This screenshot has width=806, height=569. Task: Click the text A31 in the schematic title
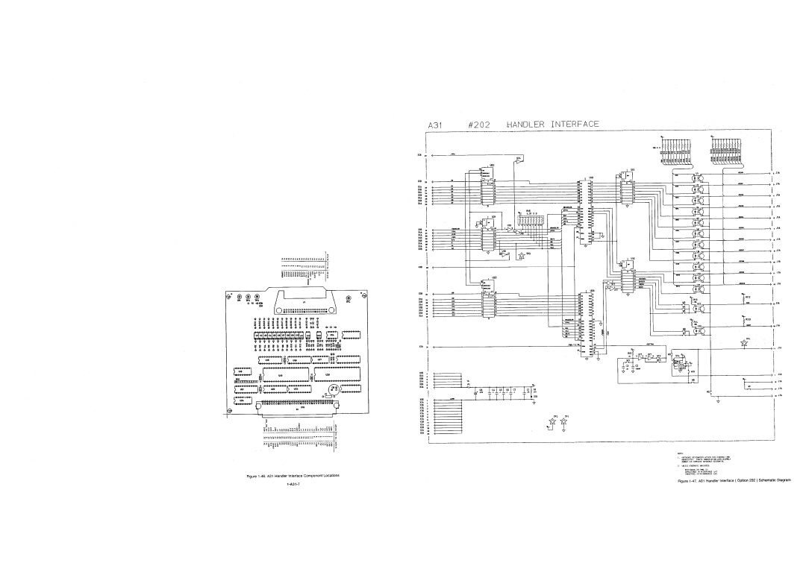click(437, 125)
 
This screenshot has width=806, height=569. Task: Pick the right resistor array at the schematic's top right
click(728, 152)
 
